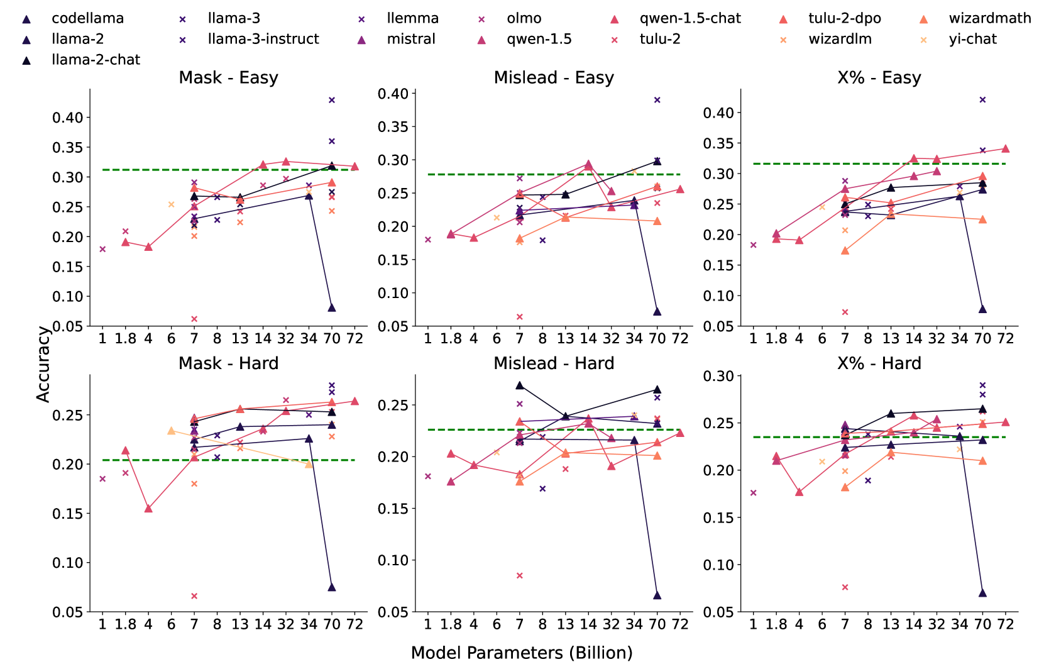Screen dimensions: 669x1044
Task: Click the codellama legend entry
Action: tap(87, 18)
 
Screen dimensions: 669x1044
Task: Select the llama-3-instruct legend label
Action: tap(263, 39)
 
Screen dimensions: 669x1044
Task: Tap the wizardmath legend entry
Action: tap(989, 18)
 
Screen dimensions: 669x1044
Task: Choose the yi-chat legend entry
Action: tap(972, 39)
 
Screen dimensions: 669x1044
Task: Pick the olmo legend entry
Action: tap(524, 18)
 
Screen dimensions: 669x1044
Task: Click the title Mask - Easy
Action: tap(228, 77)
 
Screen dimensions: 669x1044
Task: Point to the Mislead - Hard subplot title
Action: tap(554, 363)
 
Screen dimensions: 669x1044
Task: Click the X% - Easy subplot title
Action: tap(879, 77)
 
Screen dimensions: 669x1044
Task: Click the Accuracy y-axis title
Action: tap(43, 364)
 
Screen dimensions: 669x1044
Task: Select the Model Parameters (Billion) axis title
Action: tap(522, 653)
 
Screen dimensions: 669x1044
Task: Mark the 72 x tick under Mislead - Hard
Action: tap(680, 624)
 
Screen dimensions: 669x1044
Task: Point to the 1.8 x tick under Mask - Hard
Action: tap(125, 624)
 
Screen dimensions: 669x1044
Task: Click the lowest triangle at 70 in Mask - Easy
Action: tap(332, 307)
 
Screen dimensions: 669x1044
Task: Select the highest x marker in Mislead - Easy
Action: tap(657, 100)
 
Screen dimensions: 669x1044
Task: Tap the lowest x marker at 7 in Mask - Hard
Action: tap(194, 596)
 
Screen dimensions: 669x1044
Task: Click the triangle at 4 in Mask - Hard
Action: tap(148, 508)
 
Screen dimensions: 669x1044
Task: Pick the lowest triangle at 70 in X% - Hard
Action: tap(982, 593)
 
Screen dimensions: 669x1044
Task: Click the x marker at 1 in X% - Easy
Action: tap(753, 245)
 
